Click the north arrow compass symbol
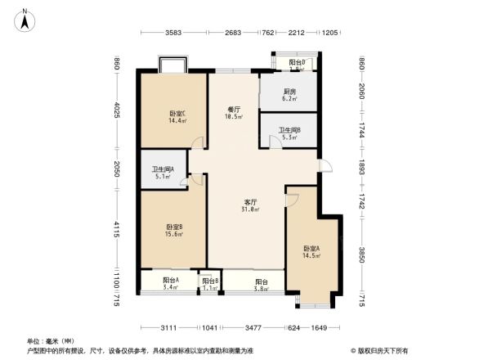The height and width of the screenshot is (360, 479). coord(26,18)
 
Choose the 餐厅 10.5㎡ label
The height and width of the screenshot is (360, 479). coord(233,113)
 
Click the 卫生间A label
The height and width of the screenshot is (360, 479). coord(162,170)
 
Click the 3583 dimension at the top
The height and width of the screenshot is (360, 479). coord(172,34)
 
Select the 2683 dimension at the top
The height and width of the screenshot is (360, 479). coord(233,34)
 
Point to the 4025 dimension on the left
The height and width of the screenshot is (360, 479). coord(117,111)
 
